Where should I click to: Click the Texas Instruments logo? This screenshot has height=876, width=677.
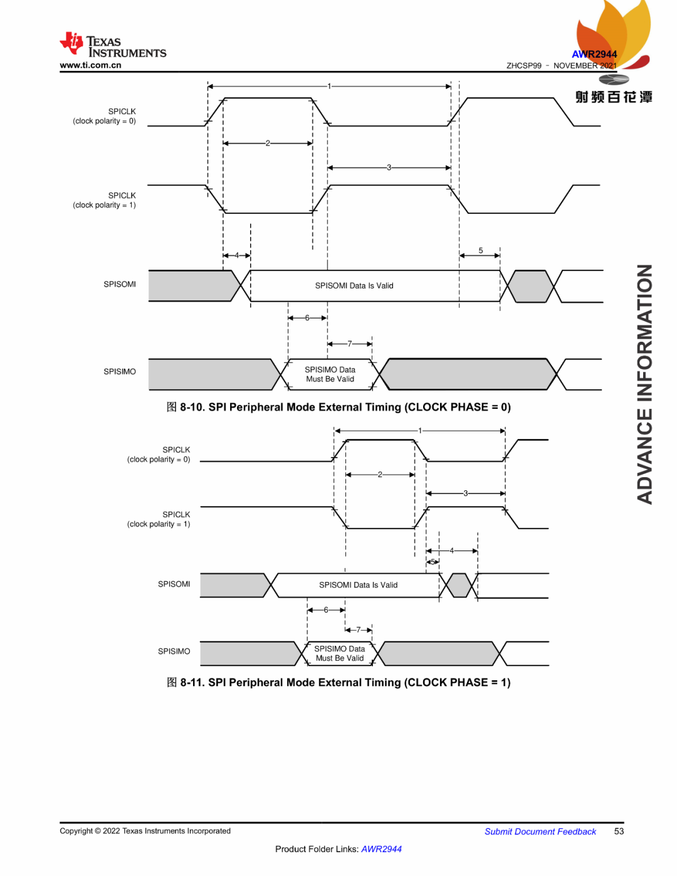coord(113,45)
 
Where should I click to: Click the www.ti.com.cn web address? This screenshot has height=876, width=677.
coord(90,65)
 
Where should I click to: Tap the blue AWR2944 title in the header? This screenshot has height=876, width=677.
coord(594,55)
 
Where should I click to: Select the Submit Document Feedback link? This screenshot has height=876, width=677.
coord(540,831)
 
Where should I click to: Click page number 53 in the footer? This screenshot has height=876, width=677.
coord(619,831)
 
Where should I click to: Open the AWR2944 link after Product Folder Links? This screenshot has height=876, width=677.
coord(381,849)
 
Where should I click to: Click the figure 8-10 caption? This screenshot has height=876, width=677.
coord(338,407)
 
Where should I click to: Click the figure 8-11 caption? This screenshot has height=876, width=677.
coord(338,682)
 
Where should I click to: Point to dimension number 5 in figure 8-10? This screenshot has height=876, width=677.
coord(481,251)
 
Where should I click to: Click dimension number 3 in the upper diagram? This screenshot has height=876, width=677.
coord(389,167)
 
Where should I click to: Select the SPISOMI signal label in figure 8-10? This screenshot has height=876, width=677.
coord(120,285)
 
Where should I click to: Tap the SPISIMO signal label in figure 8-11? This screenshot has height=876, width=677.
coord(174,652)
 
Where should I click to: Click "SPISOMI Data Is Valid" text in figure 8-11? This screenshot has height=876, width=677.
coord(358,585)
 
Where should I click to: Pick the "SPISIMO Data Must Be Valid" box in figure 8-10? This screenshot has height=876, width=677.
coord(330,374)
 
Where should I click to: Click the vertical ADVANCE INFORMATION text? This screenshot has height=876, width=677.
coord(644,384)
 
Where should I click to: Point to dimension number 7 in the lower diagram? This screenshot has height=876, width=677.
coord(359,630)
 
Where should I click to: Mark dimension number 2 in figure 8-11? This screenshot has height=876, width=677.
coord(380,475)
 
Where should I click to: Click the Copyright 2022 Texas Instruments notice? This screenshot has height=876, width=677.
coord(145,831)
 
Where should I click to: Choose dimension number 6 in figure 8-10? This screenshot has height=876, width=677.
coord(307,318)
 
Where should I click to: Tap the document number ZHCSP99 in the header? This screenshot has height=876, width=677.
coord(523,66)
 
